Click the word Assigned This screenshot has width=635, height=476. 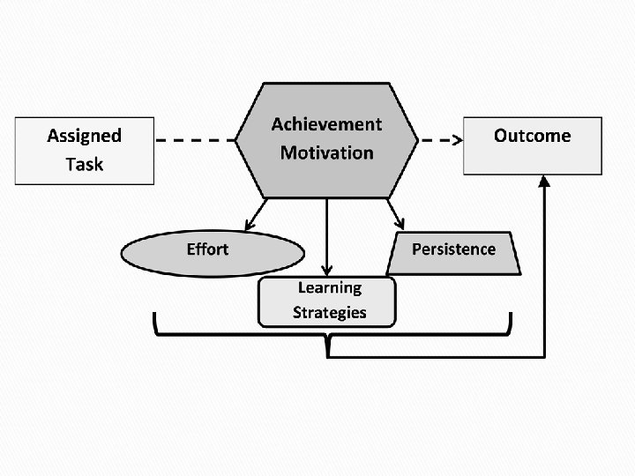[x=84, y=136]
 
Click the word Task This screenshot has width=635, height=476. [x=84, y=164]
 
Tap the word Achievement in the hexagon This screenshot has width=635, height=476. [x=326, y=124]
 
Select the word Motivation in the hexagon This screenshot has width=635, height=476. [x=326, y=152]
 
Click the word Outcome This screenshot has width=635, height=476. [x=532, y=136]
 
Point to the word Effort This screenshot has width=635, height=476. [x=207, y=249]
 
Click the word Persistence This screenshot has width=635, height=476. [x=453, y=249]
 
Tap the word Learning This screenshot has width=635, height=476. [x=329, y=287]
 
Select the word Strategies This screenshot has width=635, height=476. [x=329, y=312]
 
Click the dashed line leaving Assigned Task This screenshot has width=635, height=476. [x=194, y=139]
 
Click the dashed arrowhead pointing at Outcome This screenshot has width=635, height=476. [x=458, y=139]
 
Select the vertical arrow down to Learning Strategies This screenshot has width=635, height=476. [x=327, y=238]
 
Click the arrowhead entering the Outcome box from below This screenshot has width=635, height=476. [x=544, y=180]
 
